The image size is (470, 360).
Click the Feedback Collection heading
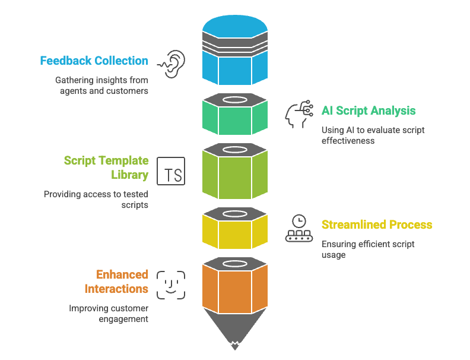(94, 61)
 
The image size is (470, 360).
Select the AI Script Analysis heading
(369, 110)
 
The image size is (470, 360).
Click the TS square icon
(171, 170)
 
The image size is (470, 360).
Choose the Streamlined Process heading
(377, 225)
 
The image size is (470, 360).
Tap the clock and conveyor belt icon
(299, 228)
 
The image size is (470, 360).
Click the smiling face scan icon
(171, 285)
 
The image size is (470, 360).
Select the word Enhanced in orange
(122, 274)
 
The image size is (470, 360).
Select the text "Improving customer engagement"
(109, 314)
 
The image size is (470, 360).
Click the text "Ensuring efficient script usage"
(368, 250)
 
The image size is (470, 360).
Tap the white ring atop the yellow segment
(235, 212)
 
